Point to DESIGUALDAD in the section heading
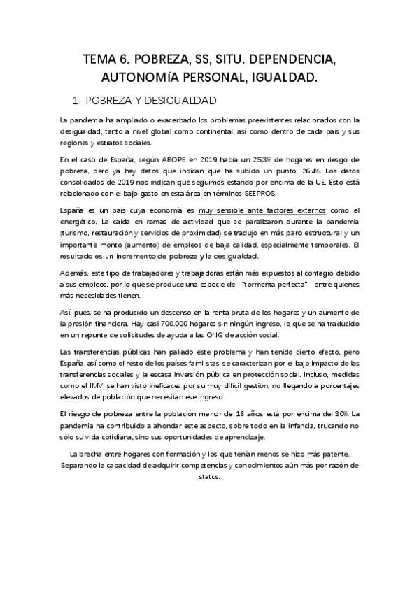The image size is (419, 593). [x=176, y=99]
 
